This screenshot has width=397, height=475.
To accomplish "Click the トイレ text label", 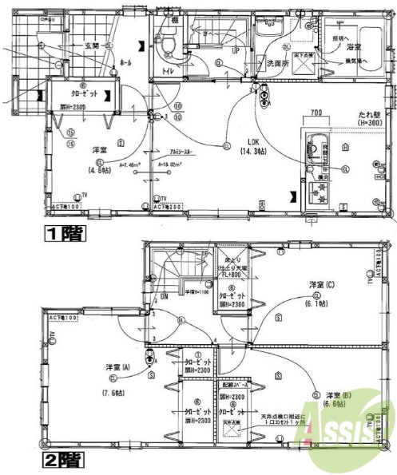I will tap(169, 70).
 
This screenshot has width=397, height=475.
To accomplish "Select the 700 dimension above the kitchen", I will tap(316, 113).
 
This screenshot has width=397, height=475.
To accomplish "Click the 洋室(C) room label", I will tap(324, 285).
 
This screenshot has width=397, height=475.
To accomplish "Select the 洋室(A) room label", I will tap(117, 367).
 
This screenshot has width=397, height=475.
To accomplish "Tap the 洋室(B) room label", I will tap(338, 395).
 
